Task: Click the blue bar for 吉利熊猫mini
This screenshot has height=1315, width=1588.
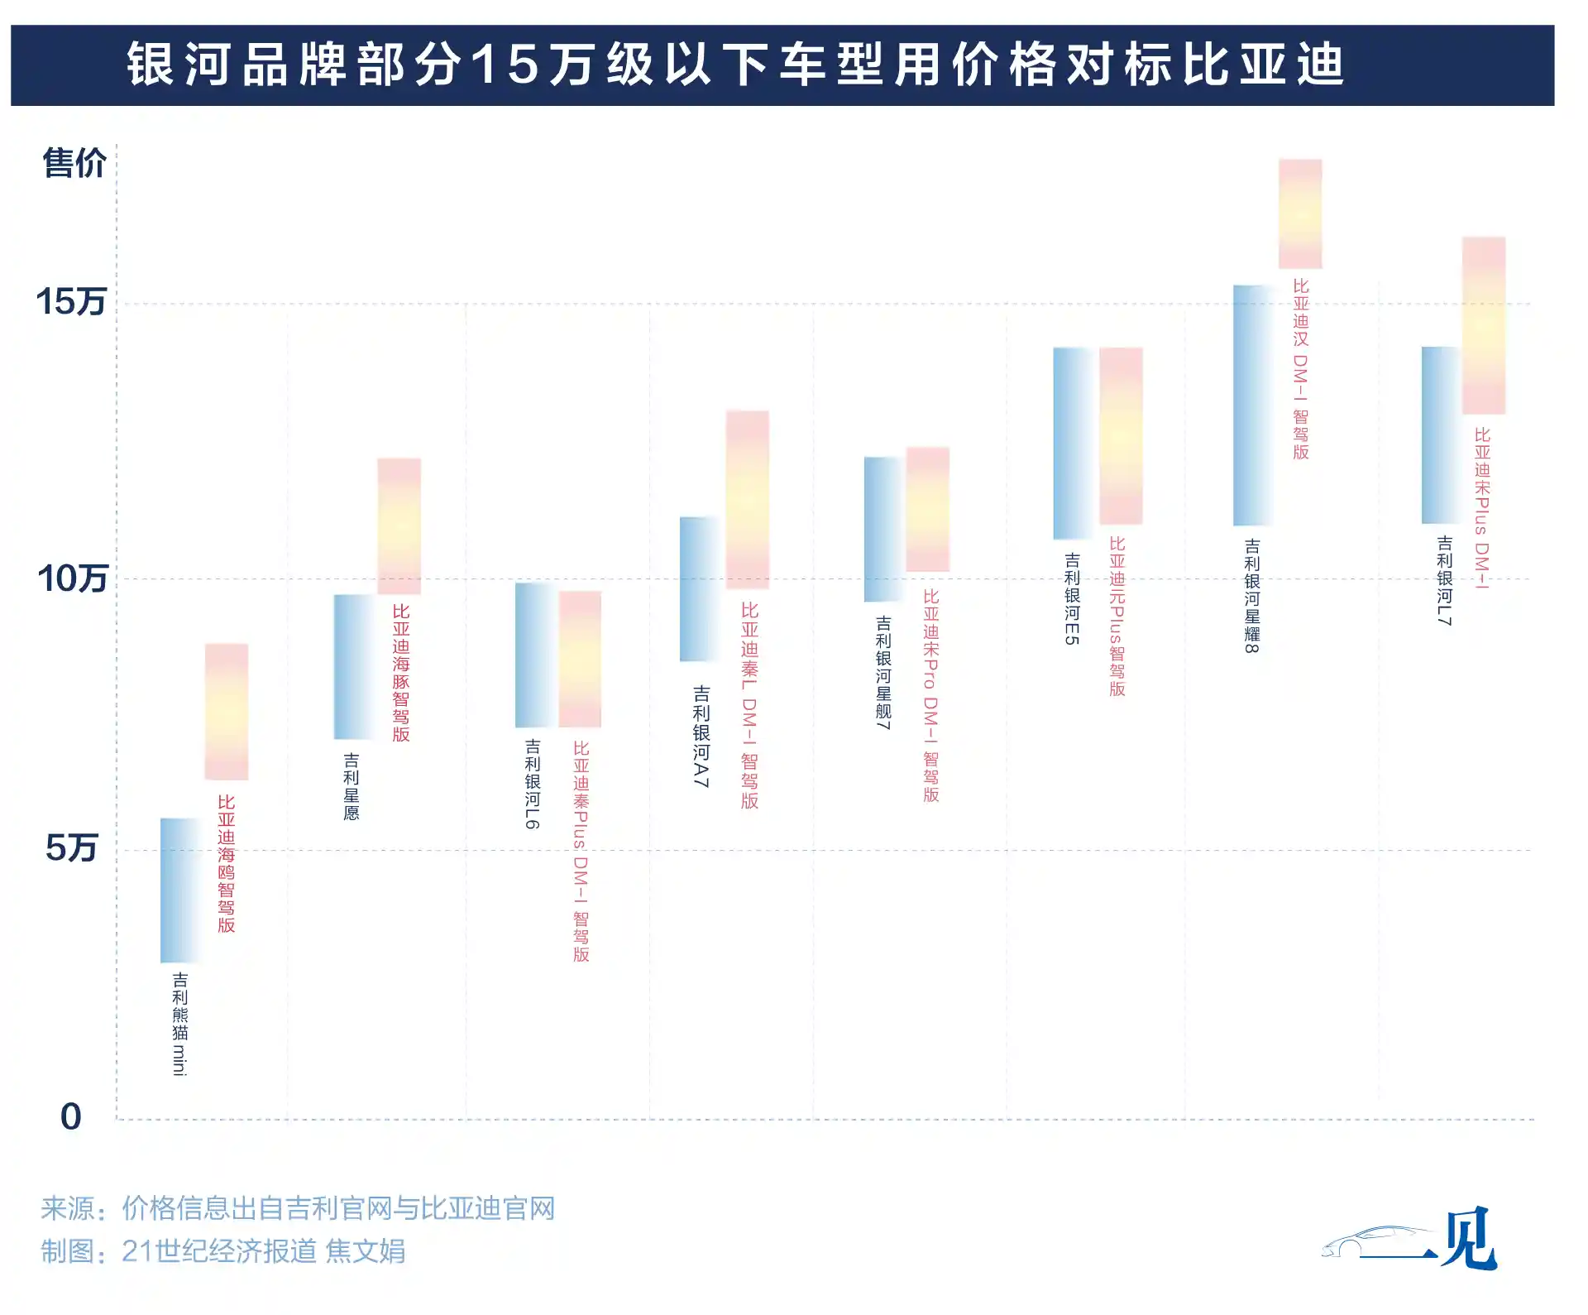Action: pyautogui.click(x=179, y=890)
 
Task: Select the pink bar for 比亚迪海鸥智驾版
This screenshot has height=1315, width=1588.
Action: pyautogui.click(x=226, y=712)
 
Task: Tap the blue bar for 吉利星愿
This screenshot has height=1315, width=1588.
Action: pyautogui.click(x=353, y=666)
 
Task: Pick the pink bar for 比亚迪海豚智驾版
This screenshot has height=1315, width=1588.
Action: pyautogui.click(x=399, y=526)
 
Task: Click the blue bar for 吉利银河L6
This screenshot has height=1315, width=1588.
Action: pyautogui.click(x=534, y=655)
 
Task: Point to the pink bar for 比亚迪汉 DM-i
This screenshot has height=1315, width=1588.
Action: pyautogui.click(x=1299, y=214)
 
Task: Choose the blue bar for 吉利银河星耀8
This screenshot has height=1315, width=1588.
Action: pyautogui.click(x=1252, y=406)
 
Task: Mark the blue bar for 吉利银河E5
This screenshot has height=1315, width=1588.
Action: pyautogui.click(x=1073, y=443)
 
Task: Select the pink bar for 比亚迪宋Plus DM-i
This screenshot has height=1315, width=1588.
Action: pyautogui.click(x=1483, y=325)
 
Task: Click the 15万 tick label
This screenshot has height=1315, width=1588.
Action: pyautogui.click(x=71, y=302)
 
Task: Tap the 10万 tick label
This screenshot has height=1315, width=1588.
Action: pyautogui.click(x=72, y=578)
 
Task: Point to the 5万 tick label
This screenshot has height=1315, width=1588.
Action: pyautogui.click(x=72, y=848)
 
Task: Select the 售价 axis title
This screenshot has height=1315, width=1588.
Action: pyautogui.click(x=74, y=163)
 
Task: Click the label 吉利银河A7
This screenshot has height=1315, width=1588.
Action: pyautogui.click(x=701, y=736)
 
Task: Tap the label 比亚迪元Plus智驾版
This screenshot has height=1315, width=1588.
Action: pyautogui.click(x=1117, y=617)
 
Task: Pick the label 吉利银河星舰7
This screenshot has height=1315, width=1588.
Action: pyautogui.click(x=883, y=672)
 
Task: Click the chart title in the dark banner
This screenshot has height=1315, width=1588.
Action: pyautogui.click(x=736, y=65)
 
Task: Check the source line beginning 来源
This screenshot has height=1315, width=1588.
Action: pyautogui.click(x=298, y=1208)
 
